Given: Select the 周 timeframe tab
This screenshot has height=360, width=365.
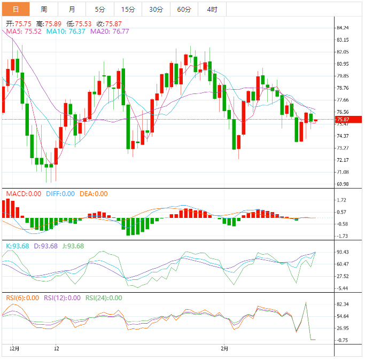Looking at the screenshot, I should pos(44,9).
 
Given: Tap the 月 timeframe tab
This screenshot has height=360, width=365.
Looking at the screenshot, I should pos(72,9).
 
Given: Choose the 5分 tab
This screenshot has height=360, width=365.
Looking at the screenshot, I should pos(100,9).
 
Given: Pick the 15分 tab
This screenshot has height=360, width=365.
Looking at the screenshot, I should pos(128,9).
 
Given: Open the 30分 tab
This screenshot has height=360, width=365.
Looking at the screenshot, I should pos(156,9).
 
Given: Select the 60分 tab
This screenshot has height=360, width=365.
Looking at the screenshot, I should pos(184,9).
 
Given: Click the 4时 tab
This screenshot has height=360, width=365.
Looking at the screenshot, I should pos(212,9).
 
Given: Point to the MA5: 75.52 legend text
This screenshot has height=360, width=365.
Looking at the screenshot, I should pos(24,32).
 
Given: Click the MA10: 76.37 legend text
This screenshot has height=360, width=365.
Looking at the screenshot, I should pos(66,32).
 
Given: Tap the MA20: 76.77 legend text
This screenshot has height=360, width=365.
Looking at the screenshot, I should pos(110,32).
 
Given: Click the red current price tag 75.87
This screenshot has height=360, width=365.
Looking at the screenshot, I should pos(343,120).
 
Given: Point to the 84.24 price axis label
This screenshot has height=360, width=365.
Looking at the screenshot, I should pos(343,28).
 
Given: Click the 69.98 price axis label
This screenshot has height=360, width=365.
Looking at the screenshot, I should pos(343,184).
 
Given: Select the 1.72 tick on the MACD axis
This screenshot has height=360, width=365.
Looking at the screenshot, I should pos(343,200).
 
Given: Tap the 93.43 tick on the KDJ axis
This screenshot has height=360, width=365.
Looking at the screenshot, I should pos(343,252).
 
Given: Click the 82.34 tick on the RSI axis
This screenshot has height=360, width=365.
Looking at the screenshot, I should pos(343,304).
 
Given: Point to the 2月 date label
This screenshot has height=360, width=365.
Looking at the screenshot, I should pos(225,348).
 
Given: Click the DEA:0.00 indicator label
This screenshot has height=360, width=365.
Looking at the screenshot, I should pos(94,194).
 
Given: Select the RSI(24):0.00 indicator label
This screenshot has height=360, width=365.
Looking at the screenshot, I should pos(104,298).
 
